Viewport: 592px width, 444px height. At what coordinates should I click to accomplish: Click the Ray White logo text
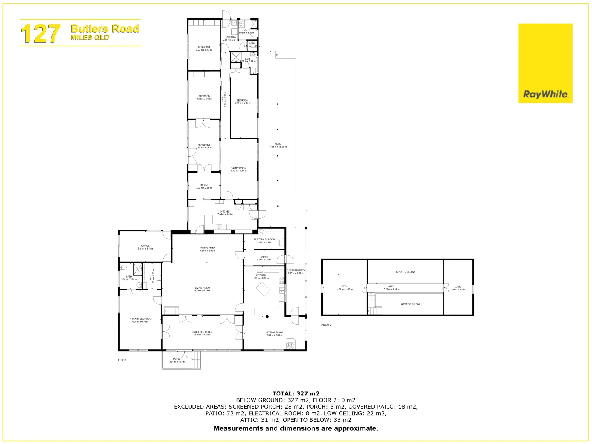[545, 95]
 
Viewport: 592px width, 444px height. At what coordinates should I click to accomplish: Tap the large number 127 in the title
[40, 33]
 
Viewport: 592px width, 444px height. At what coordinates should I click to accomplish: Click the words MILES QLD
[90, 37]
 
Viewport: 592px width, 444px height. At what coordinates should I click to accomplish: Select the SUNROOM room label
[203, 145]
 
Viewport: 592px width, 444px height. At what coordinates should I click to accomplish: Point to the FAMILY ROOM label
[238, 168]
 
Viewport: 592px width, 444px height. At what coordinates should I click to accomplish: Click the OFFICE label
[145, 246]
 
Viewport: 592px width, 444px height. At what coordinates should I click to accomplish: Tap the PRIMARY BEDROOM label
[140, 319]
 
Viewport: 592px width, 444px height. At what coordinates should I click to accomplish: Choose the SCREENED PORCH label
[202, 332]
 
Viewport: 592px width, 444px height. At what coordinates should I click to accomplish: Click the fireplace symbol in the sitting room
[291, 344]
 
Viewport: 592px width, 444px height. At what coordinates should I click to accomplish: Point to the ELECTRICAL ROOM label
[264, 240]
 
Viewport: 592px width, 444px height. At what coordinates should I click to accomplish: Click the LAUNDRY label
[231, 37]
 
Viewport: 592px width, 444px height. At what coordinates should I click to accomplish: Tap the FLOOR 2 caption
[326, 325]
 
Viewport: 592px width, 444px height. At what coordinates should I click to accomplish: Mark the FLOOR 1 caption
[123, 360]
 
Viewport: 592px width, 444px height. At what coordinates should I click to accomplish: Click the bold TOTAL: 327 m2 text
[296, 393]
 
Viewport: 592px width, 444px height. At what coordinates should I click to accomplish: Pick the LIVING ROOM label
[202, 288]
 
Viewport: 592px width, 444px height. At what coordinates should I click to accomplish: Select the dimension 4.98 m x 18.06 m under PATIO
[278, 147]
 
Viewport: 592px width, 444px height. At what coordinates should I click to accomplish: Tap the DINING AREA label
[207, 248]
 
